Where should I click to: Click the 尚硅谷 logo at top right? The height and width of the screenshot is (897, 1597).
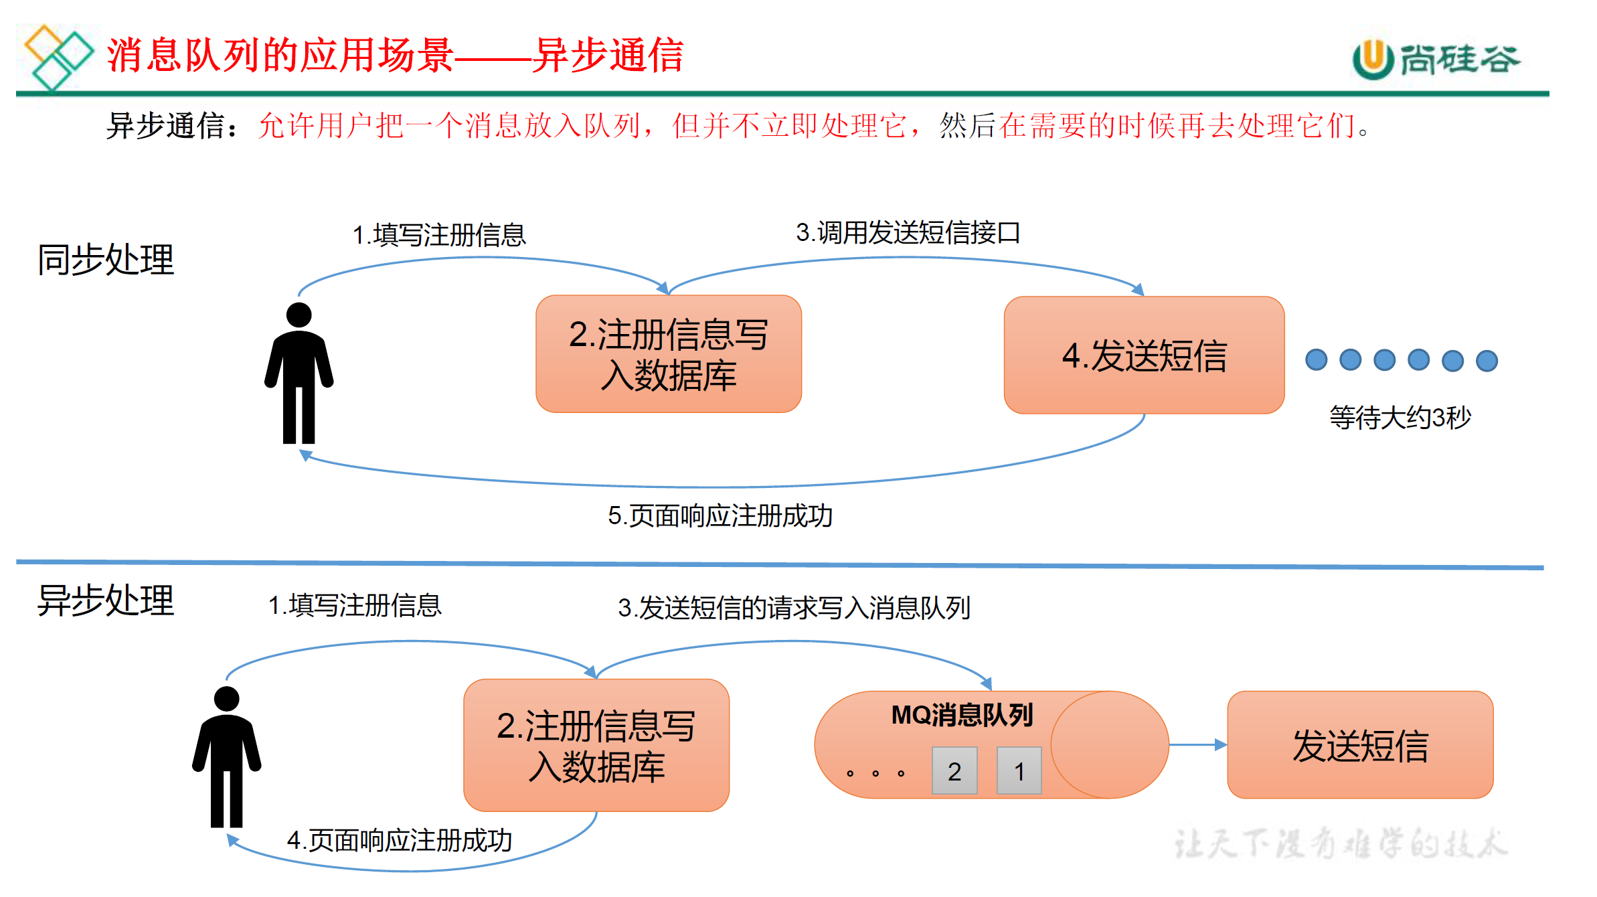click(1436, 59)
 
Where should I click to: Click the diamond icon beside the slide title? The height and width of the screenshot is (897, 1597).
click(58, 57)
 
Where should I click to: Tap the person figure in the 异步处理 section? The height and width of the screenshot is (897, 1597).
click(226, 757)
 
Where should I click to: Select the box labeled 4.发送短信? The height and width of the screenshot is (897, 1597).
click(1144, 355)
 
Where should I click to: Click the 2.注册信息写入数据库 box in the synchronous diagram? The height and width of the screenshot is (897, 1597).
click(669, 354)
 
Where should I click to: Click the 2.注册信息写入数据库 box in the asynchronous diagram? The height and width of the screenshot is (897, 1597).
click(596, 745)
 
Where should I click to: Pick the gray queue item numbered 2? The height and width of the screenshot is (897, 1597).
click(954, 771)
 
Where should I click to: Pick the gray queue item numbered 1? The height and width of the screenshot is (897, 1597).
click(1019, 771)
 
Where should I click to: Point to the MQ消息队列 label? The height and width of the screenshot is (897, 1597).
click(962, 715)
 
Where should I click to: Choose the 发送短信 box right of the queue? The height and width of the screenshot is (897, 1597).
click(1360, 745)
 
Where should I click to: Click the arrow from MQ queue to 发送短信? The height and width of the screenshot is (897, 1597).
click(1198, 744)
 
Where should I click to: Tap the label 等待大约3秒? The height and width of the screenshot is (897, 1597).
click(1400, 418)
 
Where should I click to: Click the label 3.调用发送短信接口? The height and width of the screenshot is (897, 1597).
click(908, 233)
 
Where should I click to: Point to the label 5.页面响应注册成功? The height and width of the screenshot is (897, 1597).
click(720, 516)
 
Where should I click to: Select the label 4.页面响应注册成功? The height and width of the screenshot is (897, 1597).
click(400, 841)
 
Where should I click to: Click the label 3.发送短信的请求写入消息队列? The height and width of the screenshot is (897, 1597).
click(794, 608)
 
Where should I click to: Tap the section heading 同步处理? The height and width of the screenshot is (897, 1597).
click(106, 260)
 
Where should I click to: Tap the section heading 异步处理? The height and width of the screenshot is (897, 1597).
click(106, 600)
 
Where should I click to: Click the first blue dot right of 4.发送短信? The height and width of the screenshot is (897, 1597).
click(1316, 360)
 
